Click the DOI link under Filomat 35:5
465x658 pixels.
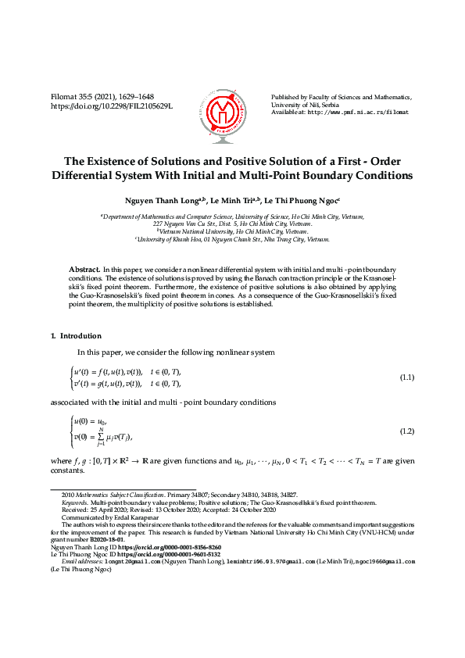112,105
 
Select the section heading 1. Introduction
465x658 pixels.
76,336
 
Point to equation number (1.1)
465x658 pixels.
406,377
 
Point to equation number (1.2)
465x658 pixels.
406,431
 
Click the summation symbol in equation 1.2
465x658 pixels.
101,438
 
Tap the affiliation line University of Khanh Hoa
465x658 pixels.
233,239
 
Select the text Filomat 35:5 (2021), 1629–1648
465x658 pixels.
102,96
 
